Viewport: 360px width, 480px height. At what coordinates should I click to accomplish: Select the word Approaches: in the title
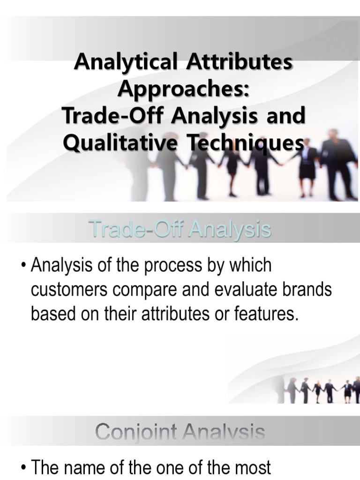pyautogui.click(x=183, y=89)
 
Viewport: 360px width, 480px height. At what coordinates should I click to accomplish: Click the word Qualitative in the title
pyautogui.click(x=119, y=142)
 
